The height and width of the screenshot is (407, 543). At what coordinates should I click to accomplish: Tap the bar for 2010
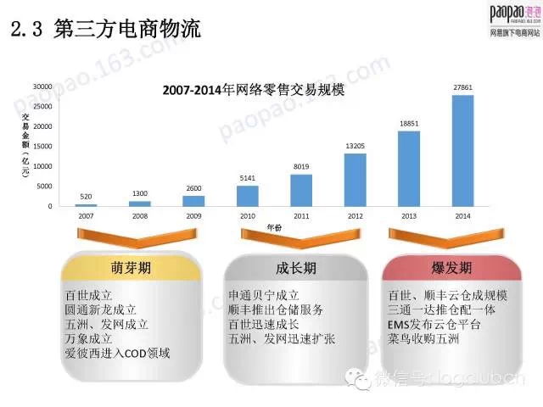tap(247, 195)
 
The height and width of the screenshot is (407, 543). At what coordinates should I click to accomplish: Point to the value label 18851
tap(409, 123)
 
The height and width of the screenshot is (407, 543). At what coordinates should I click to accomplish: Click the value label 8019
tap(301, 166)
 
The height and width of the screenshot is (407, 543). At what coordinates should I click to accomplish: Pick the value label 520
tap(86, 196)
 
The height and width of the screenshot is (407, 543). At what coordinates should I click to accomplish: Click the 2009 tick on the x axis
tap(193, 216)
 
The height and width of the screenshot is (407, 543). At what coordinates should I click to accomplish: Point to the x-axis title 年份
tap(274, 226)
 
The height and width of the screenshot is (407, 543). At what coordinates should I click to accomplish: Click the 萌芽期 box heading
tap(131, 269)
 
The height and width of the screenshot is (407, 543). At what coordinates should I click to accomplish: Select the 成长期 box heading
tap(296, 269)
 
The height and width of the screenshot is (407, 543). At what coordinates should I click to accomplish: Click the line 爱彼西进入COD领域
tap(118, 350)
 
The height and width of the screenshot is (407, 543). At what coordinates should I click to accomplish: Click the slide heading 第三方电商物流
tap(126, 30)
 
